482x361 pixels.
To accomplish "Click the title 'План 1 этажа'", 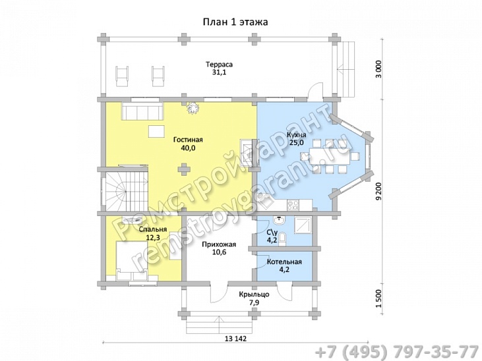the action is (x=235, y=22).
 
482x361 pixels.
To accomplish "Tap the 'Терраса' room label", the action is (x=219, y=65).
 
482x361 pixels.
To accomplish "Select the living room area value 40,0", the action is (x=188, y=148).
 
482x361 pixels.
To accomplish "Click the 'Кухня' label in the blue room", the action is (x=296, y=135).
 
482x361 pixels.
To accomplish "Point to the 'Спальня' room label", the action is (x=153, y=229).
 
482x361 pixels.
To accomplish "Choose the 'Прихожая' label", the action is (x=219, y=244).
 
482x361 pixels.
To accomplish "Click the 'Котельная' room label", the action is (x=284, y=262).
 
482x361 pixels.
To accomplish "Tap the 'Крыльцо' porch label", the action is (x=255, y=294).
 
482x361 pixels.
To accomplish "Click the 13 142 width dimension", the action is (x=236, y=339).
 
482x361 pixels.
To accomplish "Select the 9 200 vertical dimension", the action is (x=379, y=192).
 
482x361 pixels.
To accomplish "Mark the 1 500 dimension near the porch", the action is (x=379, y=298).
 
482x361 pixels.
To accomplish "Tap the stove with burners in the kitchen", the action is (x=293, y=205).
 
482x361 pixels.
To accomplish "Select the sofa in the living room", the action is (x=142, y=111).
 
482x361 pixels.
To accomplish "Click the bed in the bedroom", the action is (x=132, y=261).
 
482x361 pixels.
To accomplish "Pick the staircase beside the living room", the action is (x=125, y=189).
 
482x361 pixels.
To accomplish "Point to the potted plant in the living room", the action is (x=194, y=108).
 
